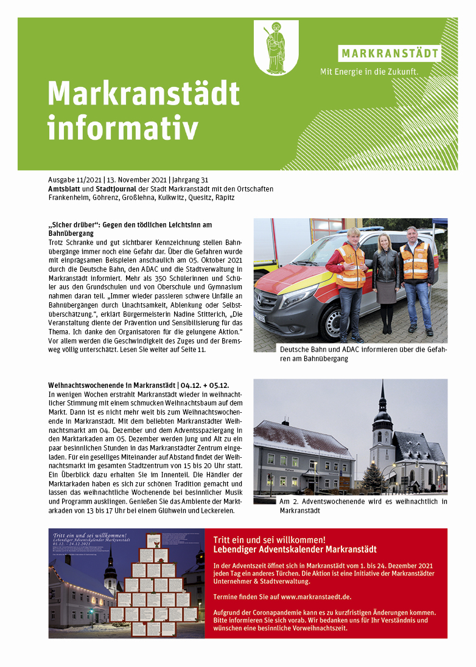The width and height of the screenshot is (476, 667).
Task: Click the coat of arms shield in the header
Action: [276, 47]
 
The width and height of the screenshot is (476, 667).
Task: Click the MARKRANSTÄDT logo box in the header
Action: [390, 53]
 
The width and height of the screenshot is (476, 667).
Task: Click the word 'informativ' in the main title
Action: [124, 128]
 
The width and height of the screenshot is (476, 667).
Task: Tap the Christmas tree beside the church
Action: [373, 477]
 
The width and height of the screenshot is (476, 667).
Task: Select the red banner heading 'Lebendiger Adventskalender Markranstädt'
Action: [295, 550]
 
